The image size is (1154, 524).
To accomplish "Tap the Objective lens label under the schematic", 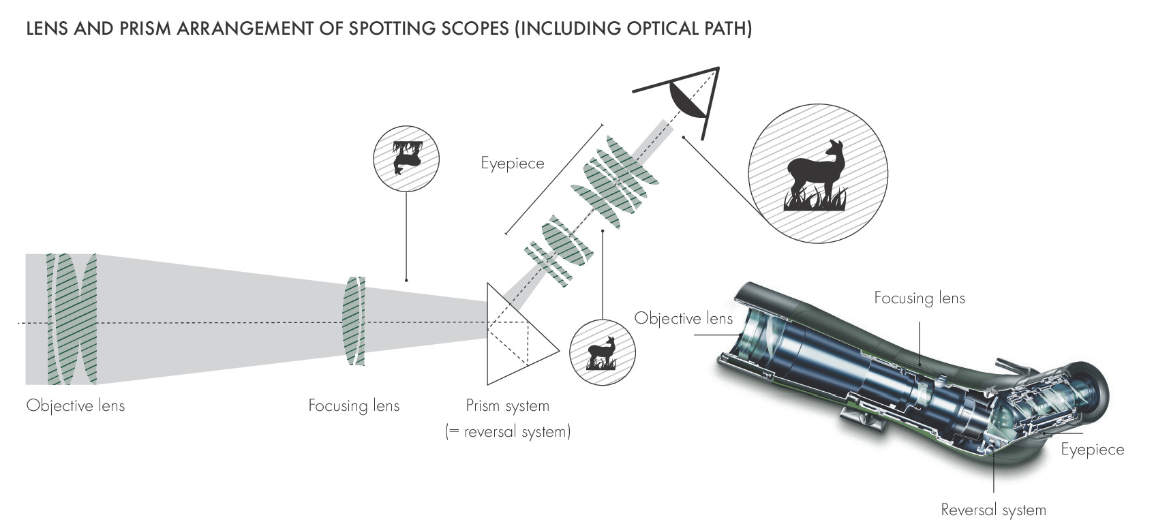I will pos(76,405).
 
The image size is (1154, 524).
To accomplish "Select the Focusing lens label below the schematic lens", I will pos(354,405).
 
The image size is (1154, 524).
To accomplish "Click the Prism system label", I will pos(507,405).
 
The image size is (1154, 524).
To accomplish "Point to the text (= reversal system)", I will pos(508,431).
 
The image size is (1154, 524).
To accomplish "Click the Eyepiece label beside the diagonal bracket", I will pos(513,164).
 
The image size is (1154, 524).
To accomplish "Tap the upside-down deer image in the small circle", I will pos(406,159).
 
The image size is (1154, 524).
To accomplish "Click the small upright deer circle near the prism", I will pos(602,352).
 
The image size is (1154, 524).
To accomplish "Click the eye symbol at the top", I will pos(688,97).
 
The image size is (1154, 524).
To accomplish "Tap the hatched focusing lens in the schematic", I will pos(353,320).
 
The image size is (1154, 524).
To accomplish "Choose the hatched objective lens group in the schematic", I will pos(71,319).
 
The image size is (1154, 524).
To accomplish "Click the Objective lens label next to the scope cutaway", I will pos(684,318).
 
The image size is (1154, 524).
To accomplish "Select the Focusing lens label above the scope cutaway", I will pos(920,298).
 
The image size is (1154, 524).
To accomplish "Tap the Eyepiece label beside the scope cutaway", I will pos(1092,449).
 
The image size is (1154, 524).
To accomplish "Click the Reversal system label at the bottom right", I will pos(993,510).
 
